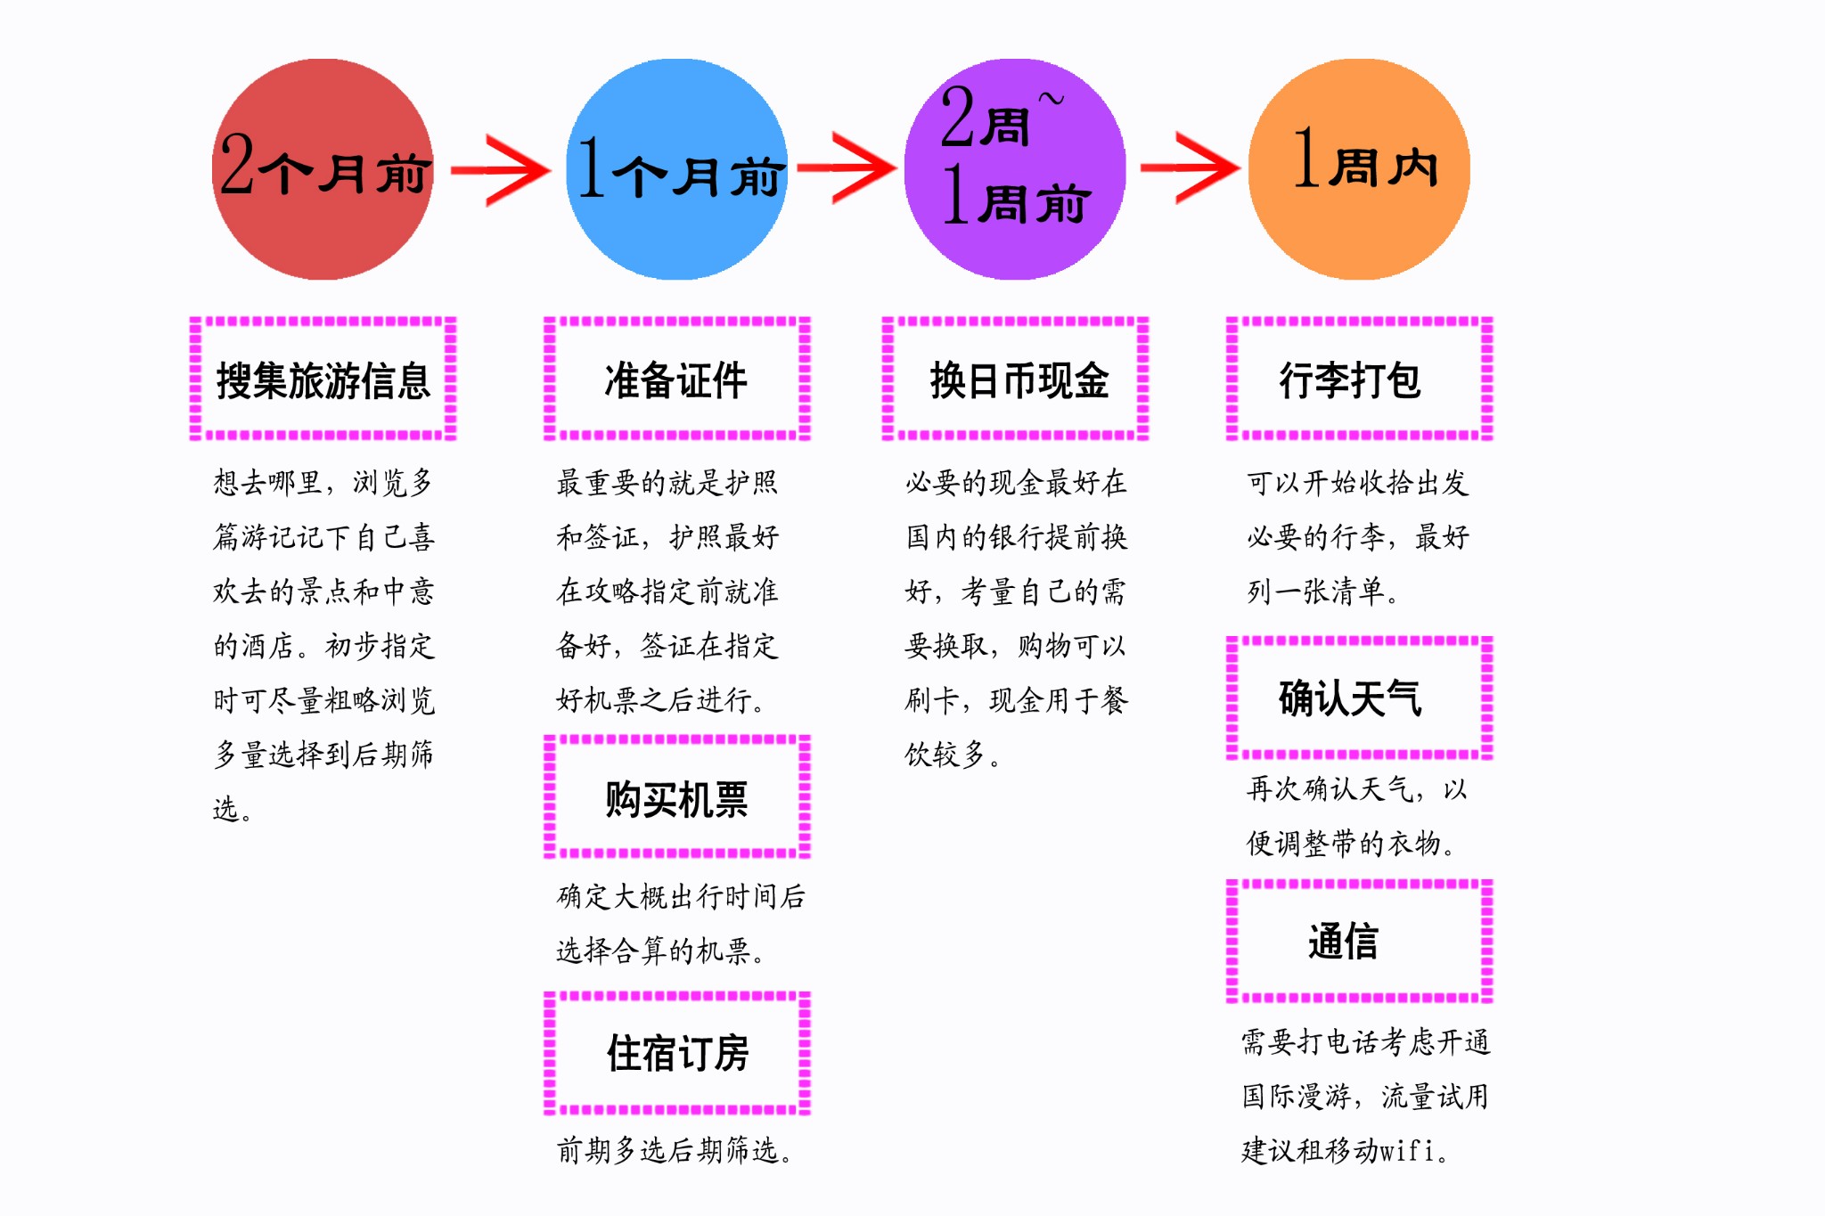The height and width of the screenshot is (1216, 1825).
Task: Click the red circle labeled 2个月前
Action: pyautogui.click(x=323, y=169)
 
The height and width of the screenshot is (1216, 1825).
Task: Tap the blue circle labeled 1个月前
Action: pyautogui.click(x=677, y=169)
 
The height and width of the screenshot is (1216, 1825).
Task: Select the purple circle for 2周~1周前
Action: pyautogui.click(x=1015, y=169)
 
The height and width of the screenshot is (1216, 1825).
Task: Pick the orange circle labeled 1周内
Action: pyautogui.click(x=1359, y=169)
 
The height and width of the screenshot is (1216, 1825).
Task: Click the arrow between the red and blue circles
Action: pyautogui.click(x=501, y=169)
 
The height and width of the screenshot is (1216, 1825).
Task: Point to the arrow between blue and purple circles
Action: pyautogui.click(x=847, y=167)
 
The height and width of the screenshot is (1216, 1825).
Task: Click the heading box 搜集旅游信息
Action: pyautogui.click(x=323, y=379)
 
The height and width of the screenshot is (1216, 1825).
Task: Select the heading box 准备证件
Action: pyautogui.click(x=677, y=379)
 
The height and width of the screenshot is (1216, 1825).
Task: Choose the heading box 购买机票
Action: pyautogui.click(x=677, y=798)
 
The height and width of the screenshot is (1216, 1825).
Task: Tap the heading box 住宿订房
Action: pyautogui.click(x=677, y=1053)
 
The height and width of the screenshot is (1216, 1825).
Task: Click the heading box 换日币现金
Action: pyautogui.click(x=1016, y=379)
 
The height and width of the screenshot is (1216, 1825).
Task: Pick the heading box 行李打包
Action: pyautogui.click(x=1359, y=379)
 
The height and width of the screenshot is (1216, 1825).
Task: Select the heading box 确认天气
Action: pyautogui.click(x=1359, y=698)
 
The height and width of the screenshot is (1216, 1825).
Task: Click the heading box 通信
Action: pyautogui.click(x=1359, y=941)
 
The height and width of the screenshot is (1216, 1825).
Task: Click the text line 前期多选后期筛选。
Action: pyautogui.click(x=674, y=1150)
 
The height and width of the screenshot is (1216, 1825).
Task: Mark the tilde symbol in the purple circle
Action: pyautogui.click(x=1052, y=100)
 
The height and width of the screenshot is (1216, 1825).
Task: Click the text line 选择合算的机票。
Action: pyautogui.click(x=660, y=951)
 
